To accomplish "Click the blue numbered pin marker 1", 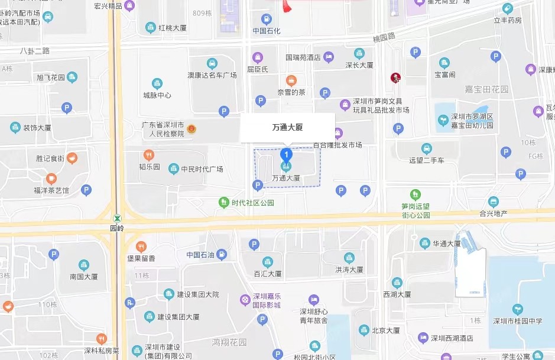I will click(286, 155).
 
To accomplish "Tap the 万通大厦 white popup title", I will click(287, 127).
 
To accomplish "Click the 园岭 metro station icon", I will click(118, 218).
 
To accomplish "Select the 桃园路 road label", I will click(384, 37).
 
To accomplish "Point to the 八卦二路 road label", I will click(35, 51).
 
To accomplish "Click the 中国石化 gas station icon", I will click(267, 19).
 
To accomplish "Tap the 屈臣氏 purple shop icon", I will click(257, 57).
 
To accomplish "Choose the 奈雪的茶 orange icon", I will click(291, 80).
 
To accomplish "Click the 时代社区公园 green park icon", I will click(223, 203).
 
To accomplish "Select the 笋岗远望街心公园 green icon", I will click(416, 194).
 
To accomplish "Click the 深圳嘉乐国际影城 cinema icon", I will click(245, 300).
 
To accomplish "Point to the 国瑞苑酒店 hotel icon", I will click(329, 57).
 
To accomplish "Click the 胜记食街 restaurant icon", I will click(72, 158).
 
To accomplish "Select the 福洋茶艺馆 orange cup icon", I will click(51, 179).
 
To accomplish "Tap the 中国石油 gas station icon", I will click(222, 255).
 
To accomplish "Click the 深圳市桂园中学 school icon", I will click(518, 309).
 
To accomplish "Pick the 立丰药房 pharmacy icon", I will click(507, 8).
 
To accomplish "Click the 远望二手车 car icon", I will click(426, 148).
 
